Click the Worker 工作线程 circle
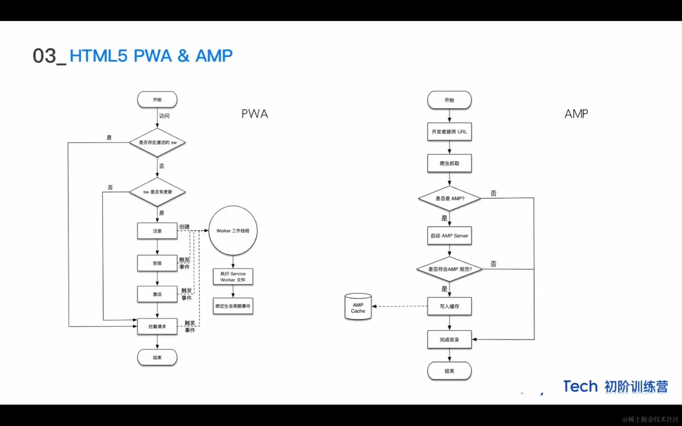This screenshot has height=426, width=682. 233,231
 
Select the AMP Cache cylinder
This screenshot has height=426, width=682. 358,307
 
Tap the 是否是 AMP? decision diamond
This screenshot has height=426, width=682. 449,198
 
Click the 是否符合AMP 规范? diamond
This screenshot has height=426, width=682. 449,269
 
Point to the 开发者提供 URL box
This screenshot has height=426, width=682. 449,132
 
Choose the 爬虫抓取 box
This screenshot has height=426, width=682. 449,163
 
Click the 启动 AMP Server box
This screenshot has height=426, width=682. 449,236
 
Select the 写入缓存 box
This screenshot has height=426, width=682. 449,306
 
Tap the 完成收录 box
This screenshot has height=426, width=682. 449,339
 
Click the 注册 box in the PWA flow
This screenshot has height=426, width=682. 157,231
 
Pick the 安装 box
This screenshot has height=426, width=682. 157,263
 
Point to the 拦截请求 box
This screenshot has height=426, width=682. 157,326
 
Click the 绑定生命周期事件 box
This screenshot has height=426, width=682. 233,306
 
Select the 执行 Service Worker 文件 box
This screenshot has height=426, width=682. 233,277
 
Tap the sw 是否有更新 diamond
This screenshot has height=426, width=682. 157,192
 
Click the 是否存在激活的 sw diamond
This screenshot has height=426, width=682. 157,142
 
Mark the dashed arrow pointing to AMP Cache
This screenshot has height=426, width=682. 400,306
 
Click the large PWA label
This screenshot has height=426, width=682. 255,114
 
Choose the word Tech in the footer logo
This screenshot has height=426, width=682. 580,386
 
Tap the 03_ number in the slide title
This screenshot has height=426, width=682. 49,56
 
